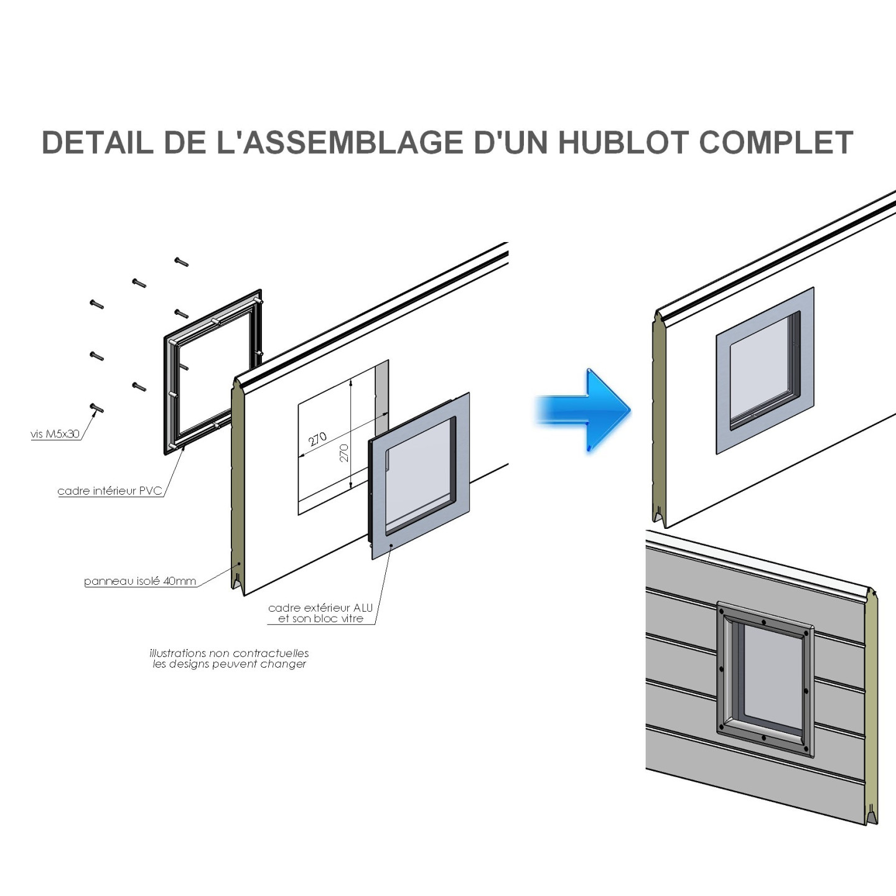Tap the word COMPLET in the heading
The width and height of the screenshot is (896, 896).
776,142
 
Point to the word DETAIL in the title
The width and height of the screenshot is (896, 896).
98,142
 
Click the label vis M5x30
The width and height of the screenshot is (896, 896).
55,434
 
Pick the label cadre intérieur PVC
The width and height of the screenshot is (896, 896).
110,491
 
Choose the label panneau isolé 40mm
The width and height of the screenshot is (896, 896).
140,581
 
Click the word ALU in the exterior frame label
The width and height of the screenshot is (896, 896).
363,607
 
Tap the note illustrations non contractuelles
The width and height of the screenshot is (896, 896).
229,653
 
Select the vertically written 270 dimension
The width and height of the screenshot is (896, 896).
344,452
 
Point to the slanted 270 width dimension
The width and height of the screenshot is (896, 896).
317,439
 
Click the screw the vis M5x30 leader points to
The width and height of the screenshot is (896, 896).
97,408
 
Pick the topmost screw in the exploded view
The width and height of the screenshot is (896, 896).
181,262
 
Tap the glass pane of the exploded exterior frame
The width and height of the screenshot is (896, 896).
418,476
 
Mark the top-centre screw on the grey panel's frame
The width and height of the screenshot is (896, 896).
763,622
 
